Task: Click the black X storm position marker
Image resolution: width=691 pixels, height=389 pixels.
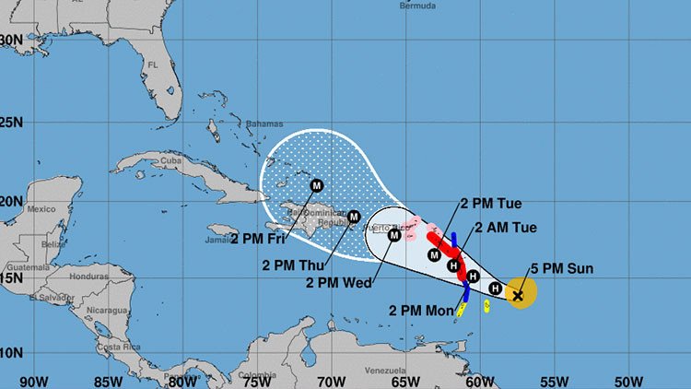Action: click(x=518, y=295)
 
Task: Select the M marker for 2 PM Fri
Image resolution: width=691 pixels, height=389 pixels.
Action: click(x=317, y=184)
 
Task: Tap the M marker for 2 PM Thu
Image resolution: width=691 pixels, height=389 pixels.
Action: click(x=354, y=217)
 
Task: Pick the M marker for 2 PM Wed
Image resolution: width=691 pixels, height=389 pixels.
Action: click(x=394, y=235)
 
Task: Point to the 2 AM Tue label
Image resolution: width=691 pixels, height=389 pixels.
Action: click(x=504, y=228)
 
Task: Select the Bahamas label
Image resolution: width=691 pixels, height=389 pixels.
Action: click(x=263, y=123)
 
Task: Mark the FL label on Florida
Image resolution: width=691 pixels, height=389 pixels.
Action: click(x=153, y=65)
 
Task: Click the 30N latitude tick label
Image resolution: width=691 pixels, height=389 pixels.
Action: click(x=11, y=40)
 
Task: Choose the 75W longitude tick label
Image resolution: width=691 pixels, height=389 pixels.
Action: click(x=255, y=379)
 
